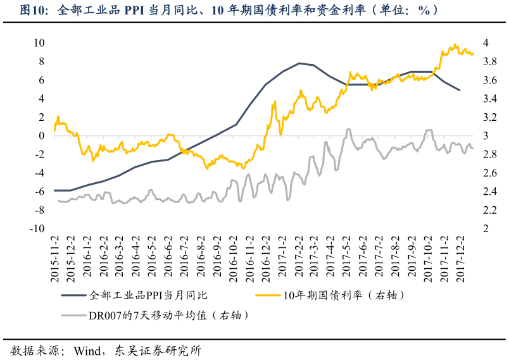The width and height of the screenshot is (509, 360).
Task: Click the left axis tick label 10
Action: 39,43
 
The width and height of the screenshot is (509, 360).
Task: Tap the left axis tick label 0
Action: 41,136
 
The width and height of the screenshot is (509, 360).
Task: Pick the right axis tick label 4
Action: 486,43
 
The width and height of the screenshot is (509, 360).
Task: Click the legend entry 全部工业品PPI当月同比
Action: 149,295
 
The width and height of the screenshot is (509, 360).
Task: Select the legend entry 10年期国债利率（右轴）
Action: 342,295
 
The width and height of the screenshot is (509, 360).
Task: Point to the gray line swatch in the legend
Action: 73,314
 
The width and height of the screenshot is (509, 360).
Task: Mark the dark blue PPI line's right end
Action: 460,90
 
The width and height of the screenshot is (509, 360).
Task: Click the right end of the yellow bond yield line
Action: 473,53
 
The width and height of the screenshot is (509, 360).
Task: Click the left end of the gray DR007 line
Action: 58,201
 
